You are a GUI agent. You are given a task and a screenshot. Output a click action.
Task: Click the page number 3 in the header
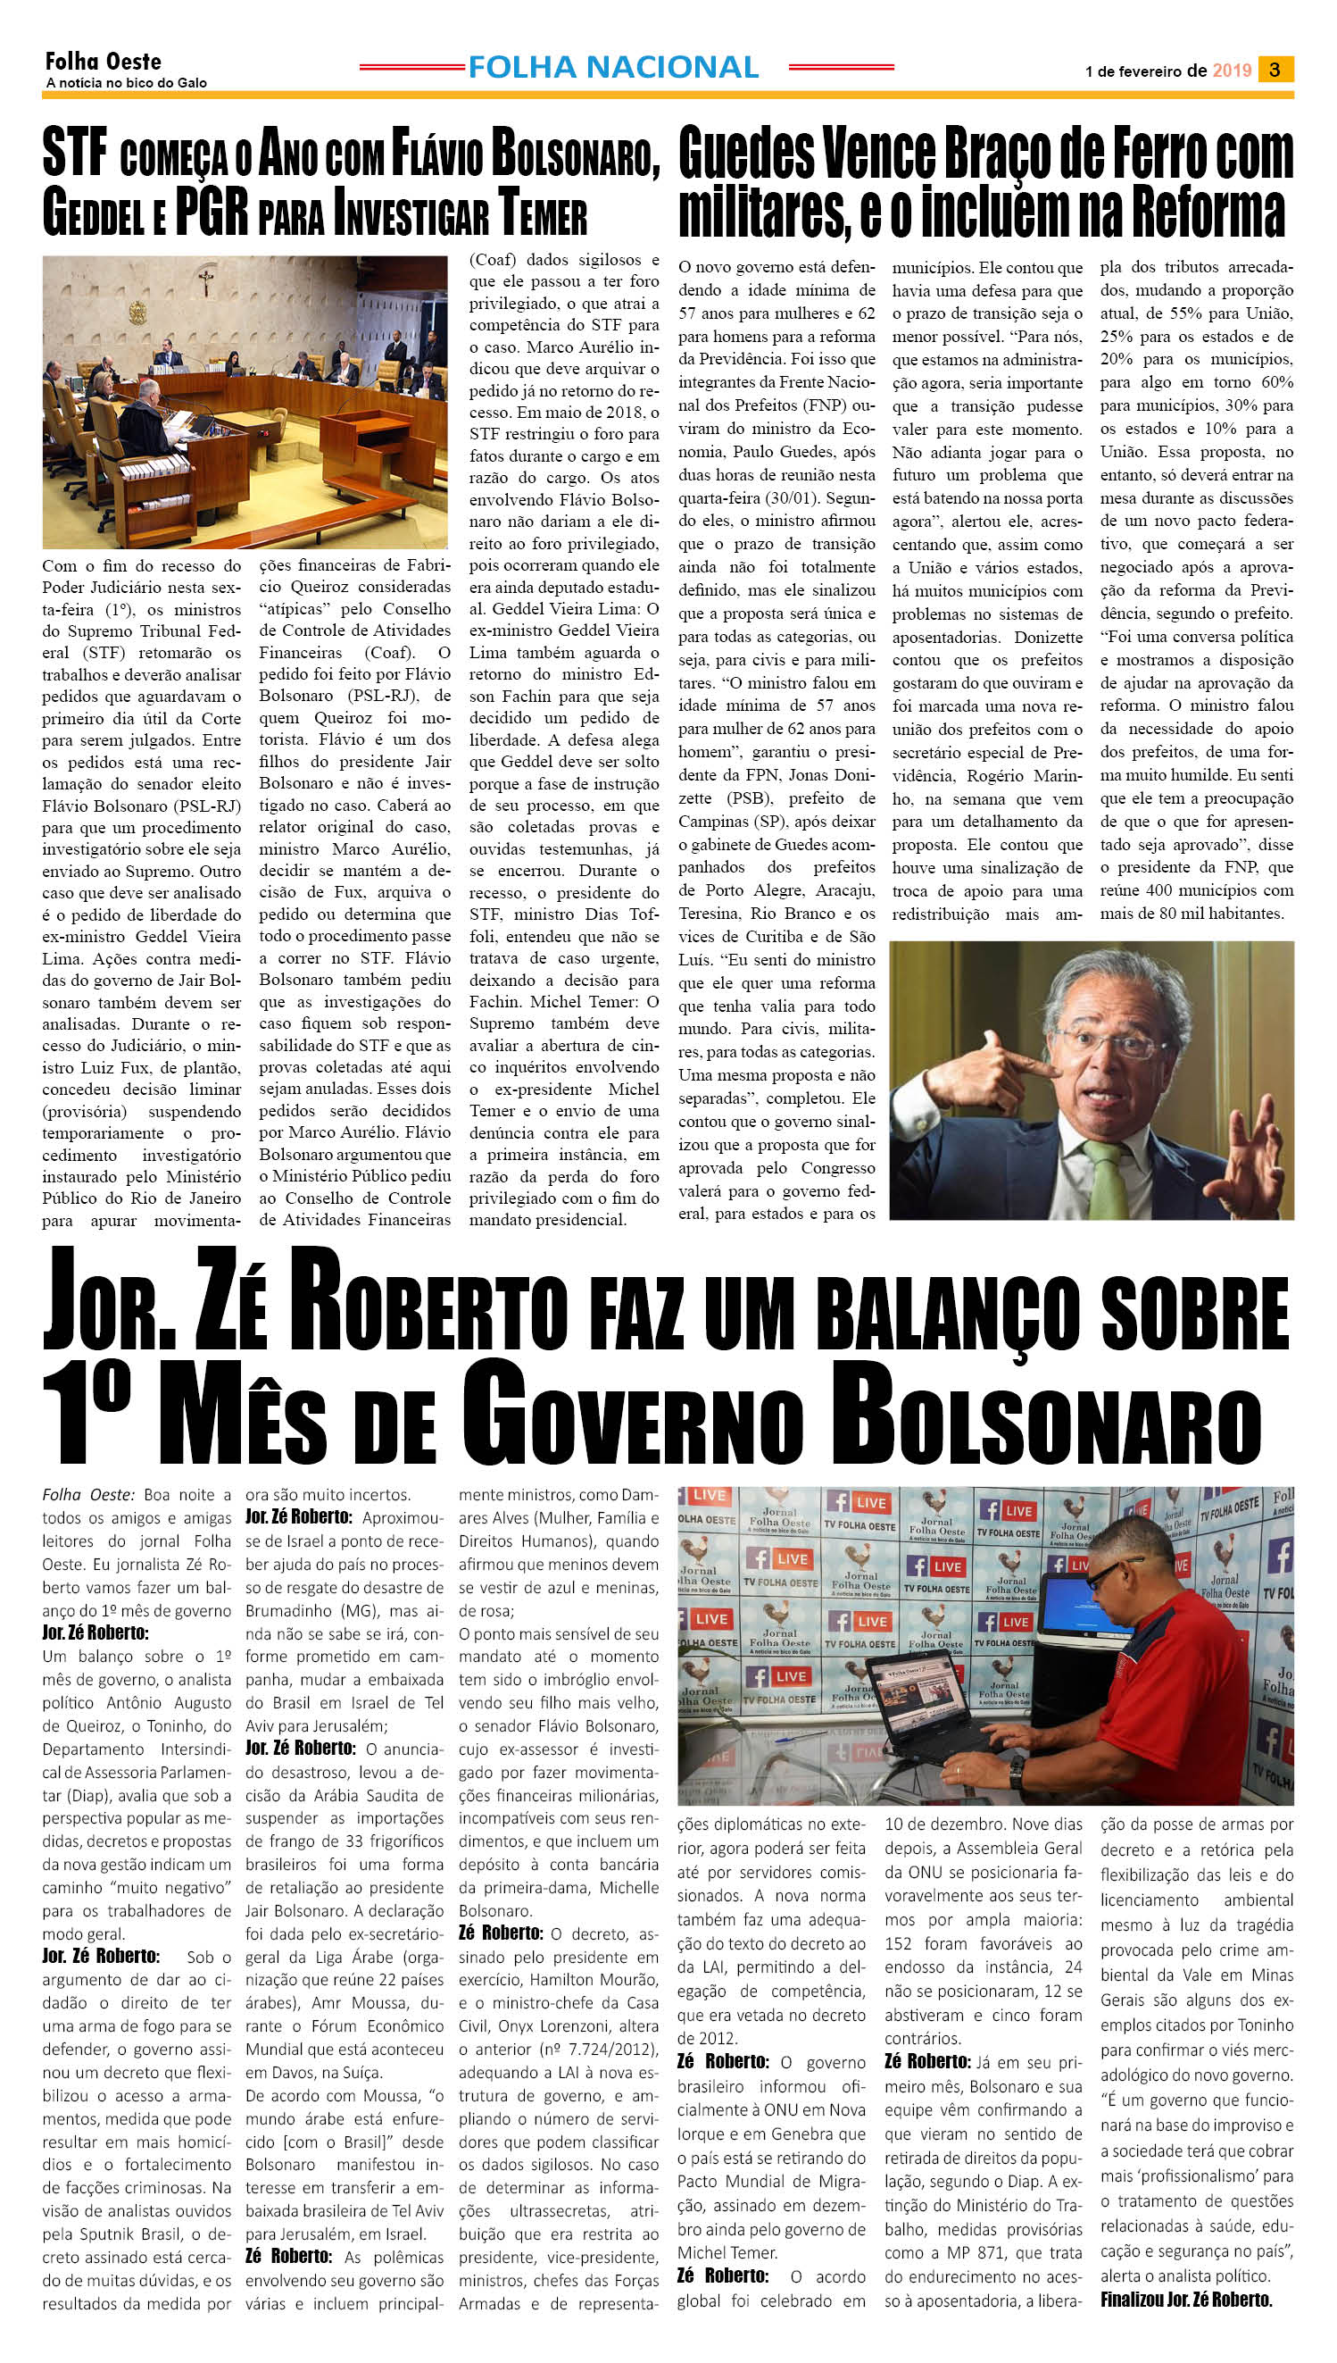pyautogui.click(x=1275, y=69)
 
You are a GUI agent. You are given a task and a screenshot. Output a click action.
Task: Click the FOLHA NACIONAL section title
pyautogui.click(x=612, y=67)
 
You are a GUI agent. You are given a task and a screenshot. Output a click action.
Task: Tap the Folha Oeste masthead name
pyautogui.click(x=103, y=62)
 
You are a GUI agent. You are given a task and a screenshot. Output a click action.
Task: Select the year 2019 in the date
pyautogui.click(x=1232, y=70)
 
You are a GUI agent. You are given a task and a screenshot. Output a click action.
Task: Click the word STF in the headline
pyautogui.click(x=74, y=156)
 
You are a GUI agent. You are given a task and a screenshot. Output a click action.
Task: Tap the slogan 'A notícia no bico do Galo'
pyautogui.click(x=126, y=83)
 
